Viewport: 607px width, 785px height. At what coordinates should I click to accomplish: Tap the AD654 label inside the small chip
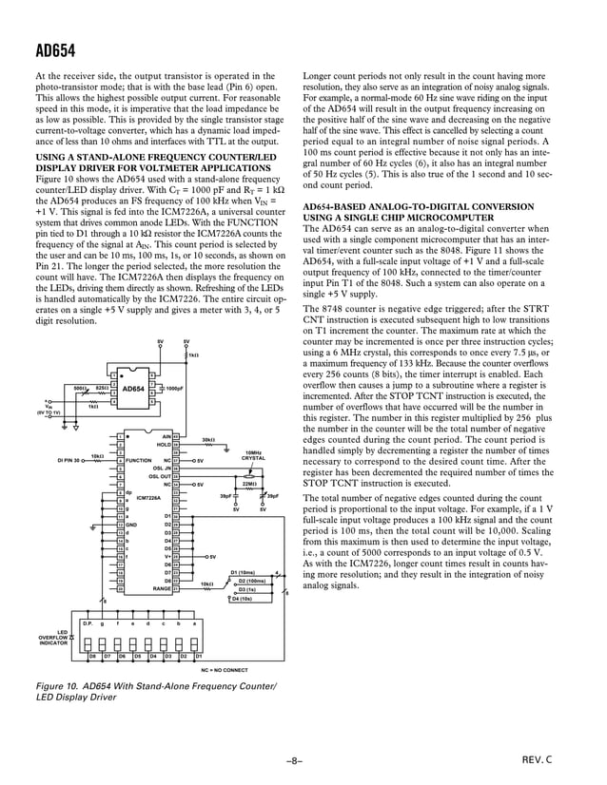[x=133, y=389]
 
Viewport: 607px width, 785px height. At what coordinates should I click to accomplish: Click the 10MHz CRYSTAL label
[x=253, y=455]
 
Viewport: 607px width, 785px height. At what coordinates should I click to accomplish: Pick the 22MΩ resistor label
[x=250, y=484]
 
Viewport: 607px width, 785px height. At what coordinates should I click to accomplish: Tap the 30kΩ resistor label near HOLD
[x=208, y=439]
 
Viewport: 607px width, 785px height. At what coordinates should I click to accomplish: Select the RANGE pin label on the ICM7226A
[x=161, y=588]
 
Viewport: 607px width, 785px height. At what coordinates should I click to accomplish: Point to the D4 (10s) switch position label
[x=242, y=599]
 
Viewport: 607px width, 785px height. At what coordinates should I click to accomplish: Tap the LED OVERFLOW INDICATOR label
[x=52, y=638]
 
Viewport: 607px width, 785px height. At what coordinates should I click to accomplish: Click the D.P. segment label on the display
[x=87, y=622]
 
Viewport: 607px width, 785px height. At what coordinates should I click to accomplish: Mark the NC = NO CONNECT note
[x=224, y=670]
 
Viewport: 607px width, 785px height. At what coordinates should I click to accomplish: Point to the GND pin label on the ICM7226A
[x=132, y=524]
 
